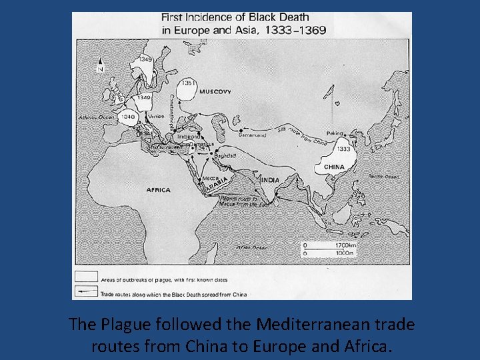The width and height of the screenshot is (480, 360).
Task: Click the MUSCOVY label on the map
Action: click(x=215, y=91)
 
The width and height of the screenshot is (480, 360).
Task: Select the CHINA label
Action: click(x=334, y=167)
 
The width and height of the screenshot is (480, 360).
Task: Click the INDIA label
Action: click(x=271, y=180)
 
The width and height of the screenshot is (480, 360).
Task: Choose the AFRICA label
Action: click(x=159, y=189)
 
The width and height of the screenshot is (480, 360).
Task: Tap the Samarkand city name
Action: click(x=252, y=135)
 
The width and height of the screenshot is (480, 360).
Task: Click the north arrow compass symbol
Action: click(x=100, y=65)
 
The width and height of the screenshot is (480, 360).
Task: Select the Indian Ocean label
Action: click(x=251, y=247)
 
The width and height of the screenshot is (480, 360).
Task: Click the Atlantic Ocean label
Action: click(x=97, y=117)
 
